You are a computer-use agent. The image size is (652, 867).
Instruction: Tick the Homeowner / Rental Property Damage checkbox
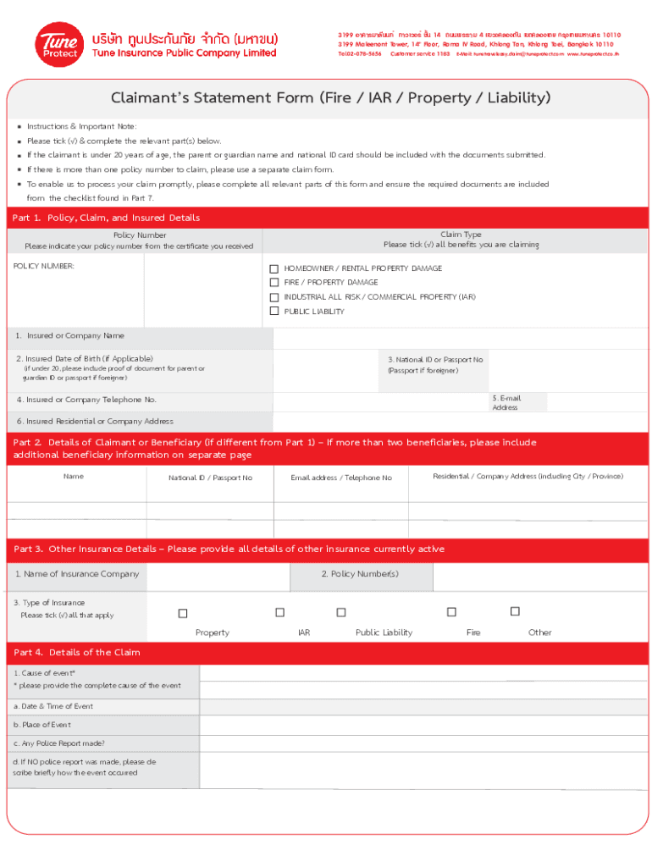pyautogui.click(x=274, y=268)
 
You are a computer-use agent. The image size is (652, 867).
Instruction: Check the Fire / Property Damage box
pyautogui.click(x=274, y=283)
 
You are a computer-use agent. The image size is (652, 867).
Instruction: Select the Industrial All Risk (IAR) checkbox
pyautogui.click(x=274, y=297)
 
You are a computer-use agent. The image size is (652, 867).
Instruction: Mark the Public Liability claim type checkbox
pyautogui.click(x=274, y=312)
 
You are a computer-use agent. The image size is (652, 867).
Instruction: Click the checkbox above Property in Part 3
pyautogui.click(x=182, y=613)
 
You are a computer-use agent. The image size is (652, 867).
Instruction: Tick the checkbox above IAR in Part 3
pyautogui.click(x=279, y=612)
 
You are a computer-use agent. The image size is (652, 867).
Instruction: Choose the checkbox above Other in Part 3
pyautogui.click(x=514, y=611)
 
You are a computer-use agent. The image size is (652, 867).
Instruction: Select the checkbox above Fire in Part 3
pyautogui.click(x=451, y=612)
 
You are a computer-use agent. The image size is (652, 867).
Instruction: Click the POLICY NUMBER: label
pyautogui.click(x=44, y=266)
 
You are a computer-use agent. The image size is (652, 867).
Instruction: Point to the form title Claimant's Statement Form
pyautogui.click(x=330, y=98)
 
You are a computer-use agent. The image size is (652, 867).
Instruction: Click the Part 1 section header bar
pyautogui.click(x=326, y=218)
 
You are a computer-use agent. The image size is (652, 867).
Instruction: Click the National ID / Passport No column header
pyautogui.click(x=210, y=478)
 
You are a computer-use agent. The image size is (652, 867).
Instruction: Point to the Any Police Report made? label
pyautogui.click(x=59, y=743)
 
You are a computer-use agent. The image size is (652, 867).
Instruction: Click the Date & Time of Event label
pyautogui.click(x=52, y=706)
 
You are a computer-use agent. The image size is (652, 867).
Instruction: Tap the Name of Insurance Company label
pyautogui.click(x=77, y=574)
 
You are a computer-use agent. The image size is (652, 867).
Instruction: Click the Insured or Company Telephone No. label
pyautogui.click(x=86, y=400)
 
